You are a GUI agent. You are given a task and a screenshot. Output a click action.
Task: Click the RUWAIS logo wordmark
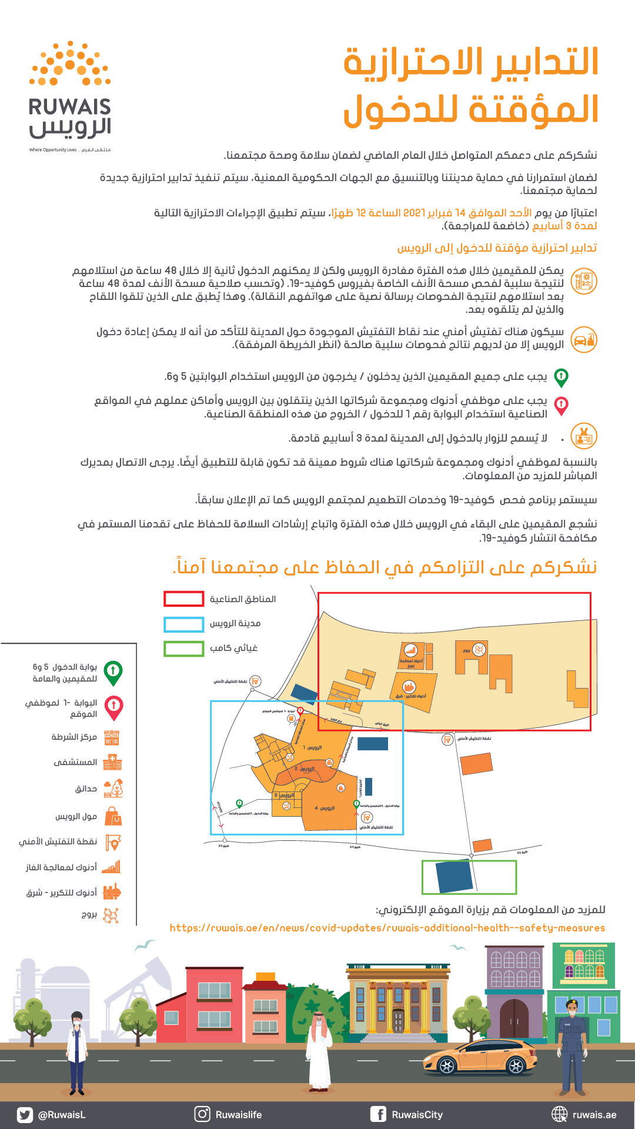[x=69, y=107]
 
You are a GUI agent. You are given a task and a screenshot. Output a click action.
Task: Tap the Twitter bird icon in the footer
[x=25, y=1114]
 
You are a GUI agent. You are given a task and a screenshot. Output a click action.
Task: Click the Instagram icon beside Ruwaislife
[x=202, y=1114]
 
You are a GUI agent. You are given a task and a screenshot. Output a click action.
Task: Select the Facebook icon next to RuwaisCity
[x=378, y=1114]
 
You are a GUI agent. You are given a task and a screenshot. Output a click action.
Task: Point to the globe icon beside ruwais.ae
[x=559, y=1114]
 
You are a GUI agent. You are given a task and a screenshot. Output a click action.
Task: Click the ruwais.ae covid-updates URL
[x=387, y=928]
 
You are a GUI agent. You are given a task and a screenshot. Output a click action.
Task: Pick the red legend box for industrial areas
[x=183, y=599]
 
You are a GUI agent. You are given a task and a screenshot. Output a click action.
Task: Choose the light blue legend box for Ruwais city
[x=183, y=624]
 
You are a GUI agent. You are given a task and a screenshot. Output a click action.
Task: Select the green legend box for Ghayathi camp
[x=183, y=649]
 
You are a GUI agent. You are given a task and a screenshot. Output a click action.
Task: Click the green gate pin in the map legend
[x=113, y=672]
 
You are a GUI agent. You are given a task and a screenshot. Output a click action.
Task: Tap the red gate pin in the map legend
[x=113, y=707]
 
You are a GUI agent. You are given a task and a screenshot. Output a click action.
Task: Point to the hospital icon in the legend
[x=112, y=763]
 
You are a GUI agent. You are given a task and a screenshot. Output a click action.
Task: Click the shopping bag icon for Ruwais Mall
[x=113, y=816]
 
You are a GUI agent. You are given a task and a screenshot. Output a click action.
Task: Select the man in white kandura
[x=318, y=1053]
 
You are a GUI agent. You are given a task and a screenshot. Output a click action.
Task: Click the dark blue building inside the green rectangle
[x=454, y=877]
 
